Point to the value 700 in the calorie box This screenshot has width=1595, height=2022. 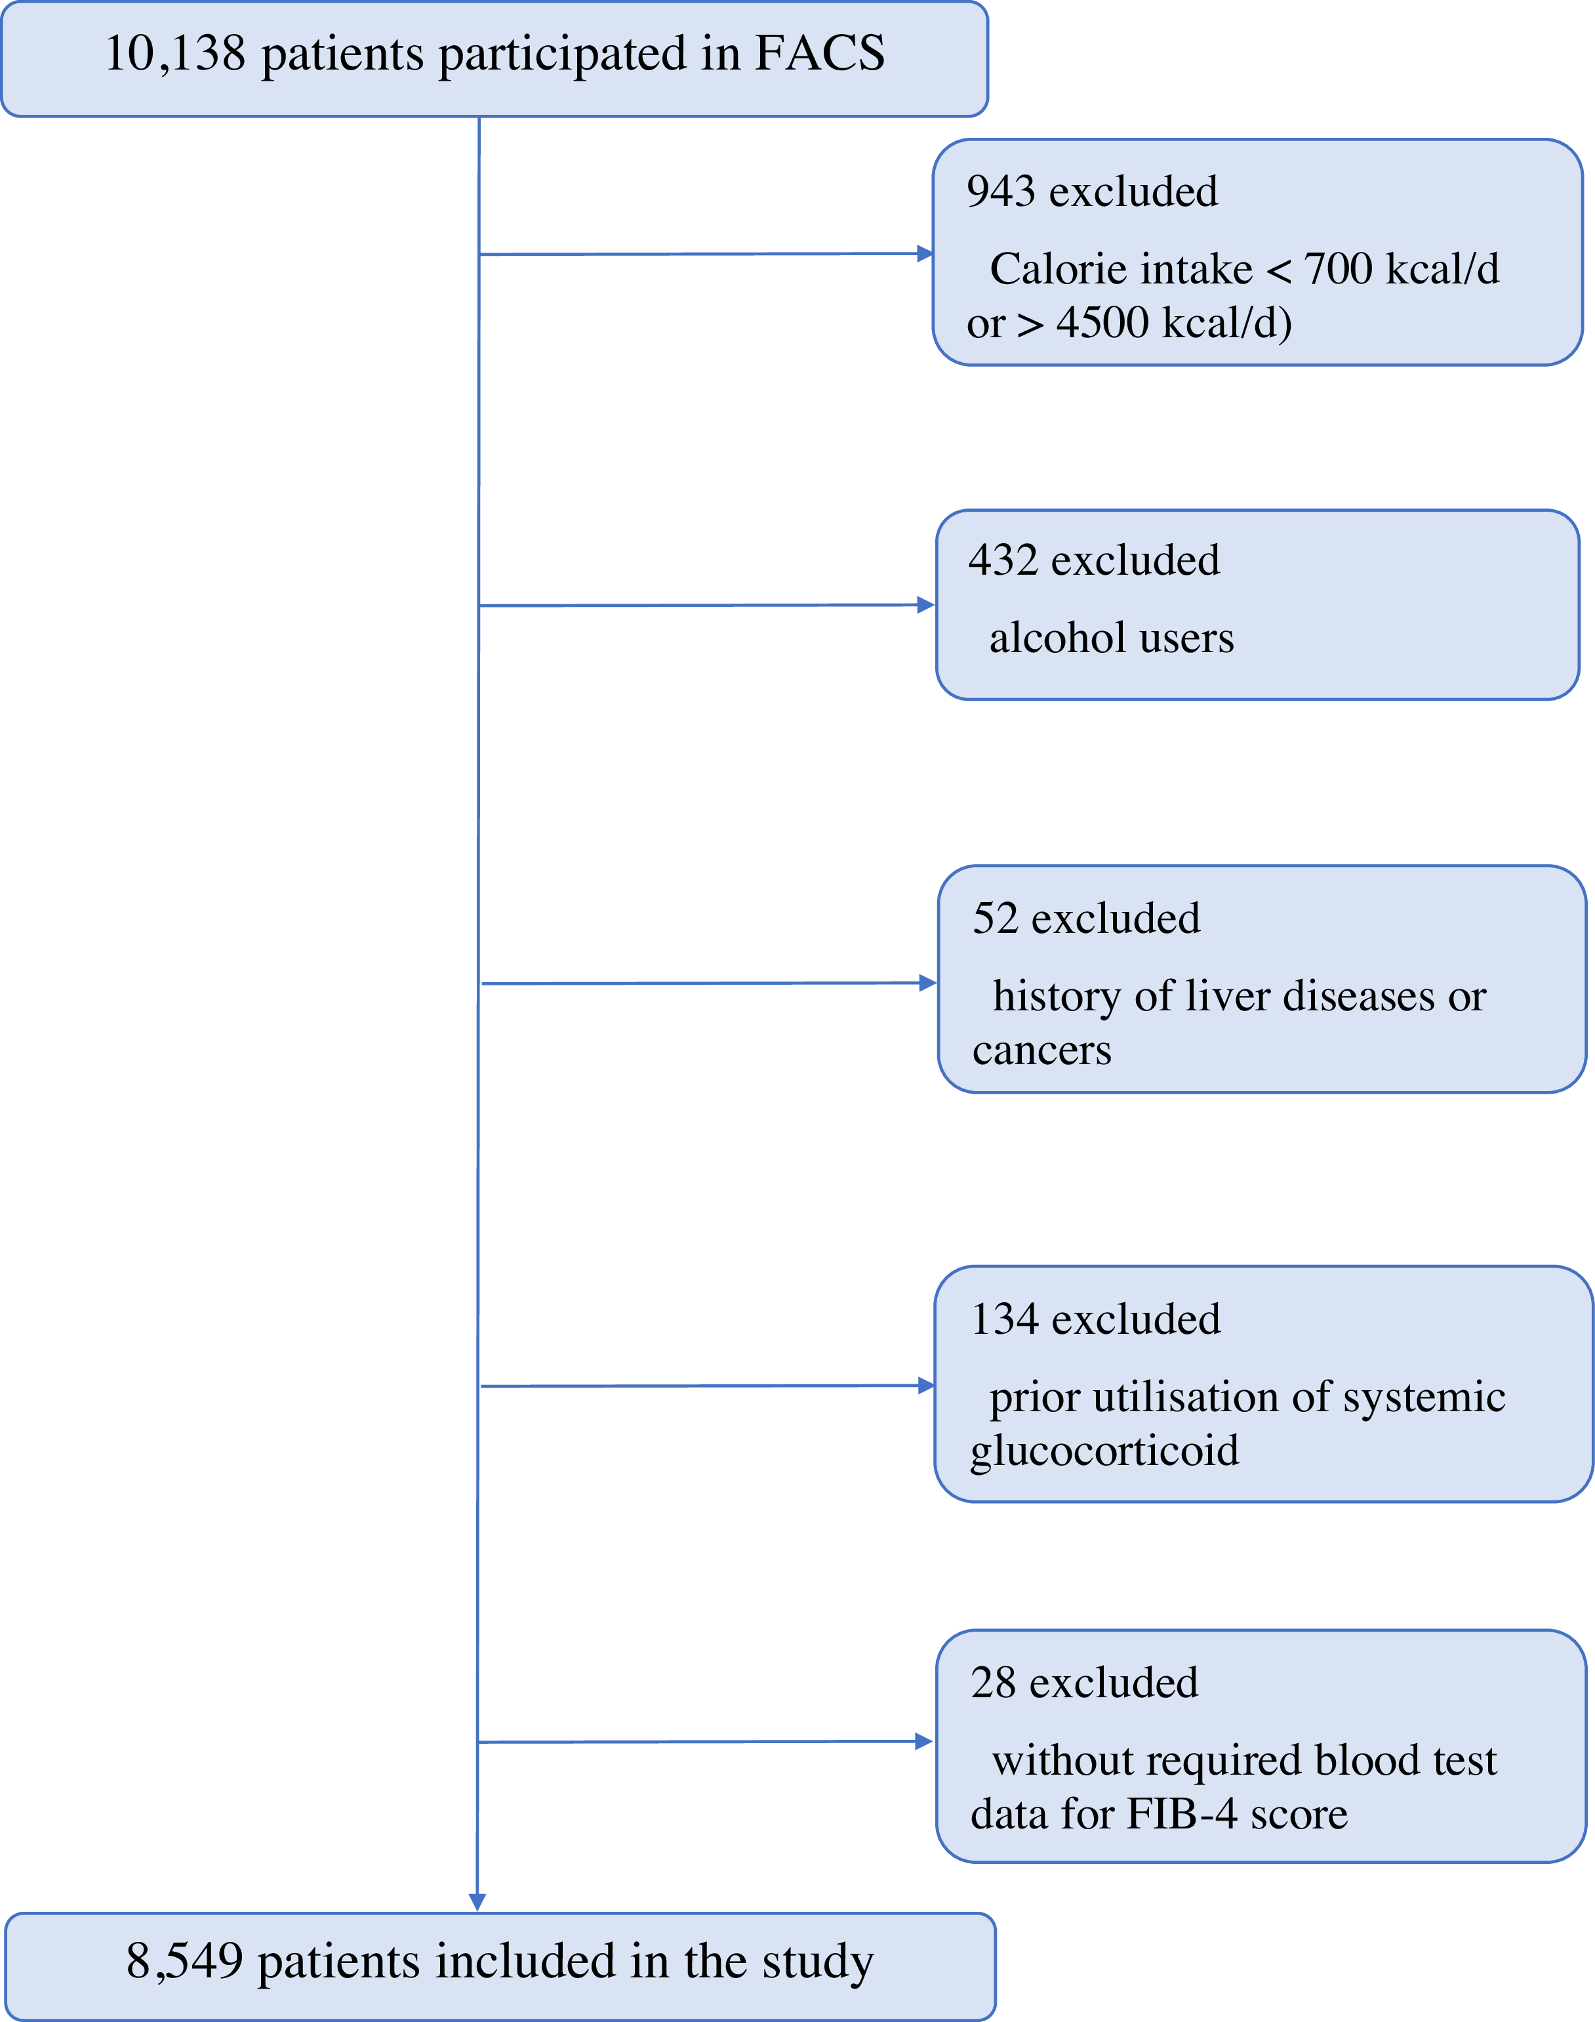click(x=1337, y=269)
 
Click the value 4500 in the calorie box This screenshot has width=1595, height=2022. click(x=1102, y=323)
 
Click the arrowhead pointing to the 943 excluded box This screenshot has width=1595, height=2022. click(x=925, y=253)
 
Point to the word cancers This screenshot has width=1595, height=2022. click(x=1041, y=1051)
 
